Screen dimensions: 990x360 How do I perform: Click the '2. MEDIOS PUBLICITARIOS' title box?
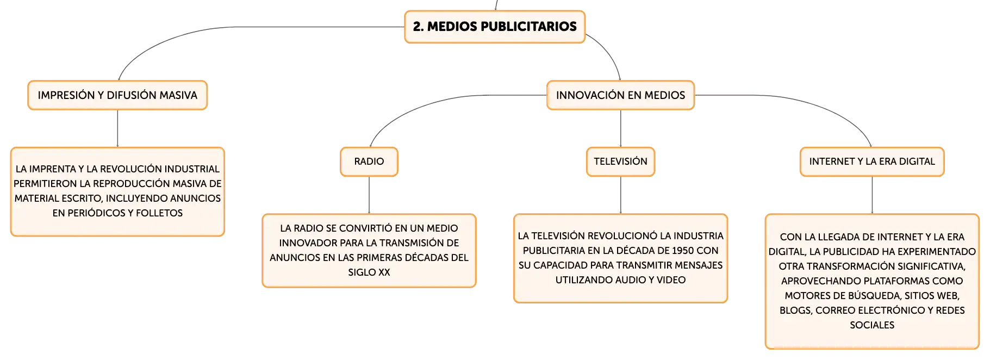click(x=495, y=27)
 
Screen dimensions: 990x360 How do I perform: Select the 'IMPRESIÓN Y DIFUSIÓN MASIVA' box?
click(x=117, y=95)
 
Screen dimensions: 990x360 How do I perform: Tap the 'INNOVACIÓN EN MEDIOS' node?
click(x=620, y=95)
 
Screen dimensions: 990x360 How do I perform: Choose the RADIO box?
click(x=369, y=162)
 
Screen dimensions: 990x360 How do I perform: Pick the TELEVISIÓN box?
click(x=620, y=162)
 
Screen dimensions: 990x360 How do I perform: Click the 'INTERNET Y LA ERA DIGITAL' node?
click(x=872, y=162)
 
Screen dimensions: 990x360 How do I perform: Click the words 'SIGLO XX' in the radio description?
click(x=369, y=272)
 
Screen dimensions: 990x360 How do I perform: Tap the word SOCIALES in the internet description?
click(x=872, y=325)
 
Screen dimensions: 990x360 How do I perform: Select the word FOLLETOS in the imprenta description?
click(x=159, y=213)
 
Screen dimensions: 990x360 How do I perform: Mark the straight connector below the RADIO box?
click(x=369, y=195)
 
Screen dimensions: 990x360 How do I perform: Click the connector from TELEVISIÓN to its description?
click(x=620, y=195)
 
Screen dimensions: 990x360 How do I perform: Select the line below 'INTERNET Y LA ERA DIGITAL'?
click(x=872, y=195)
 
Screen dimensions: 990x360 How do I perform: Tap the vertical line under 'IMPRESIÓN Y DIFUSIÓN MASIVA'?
click(x=117, y=128)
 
